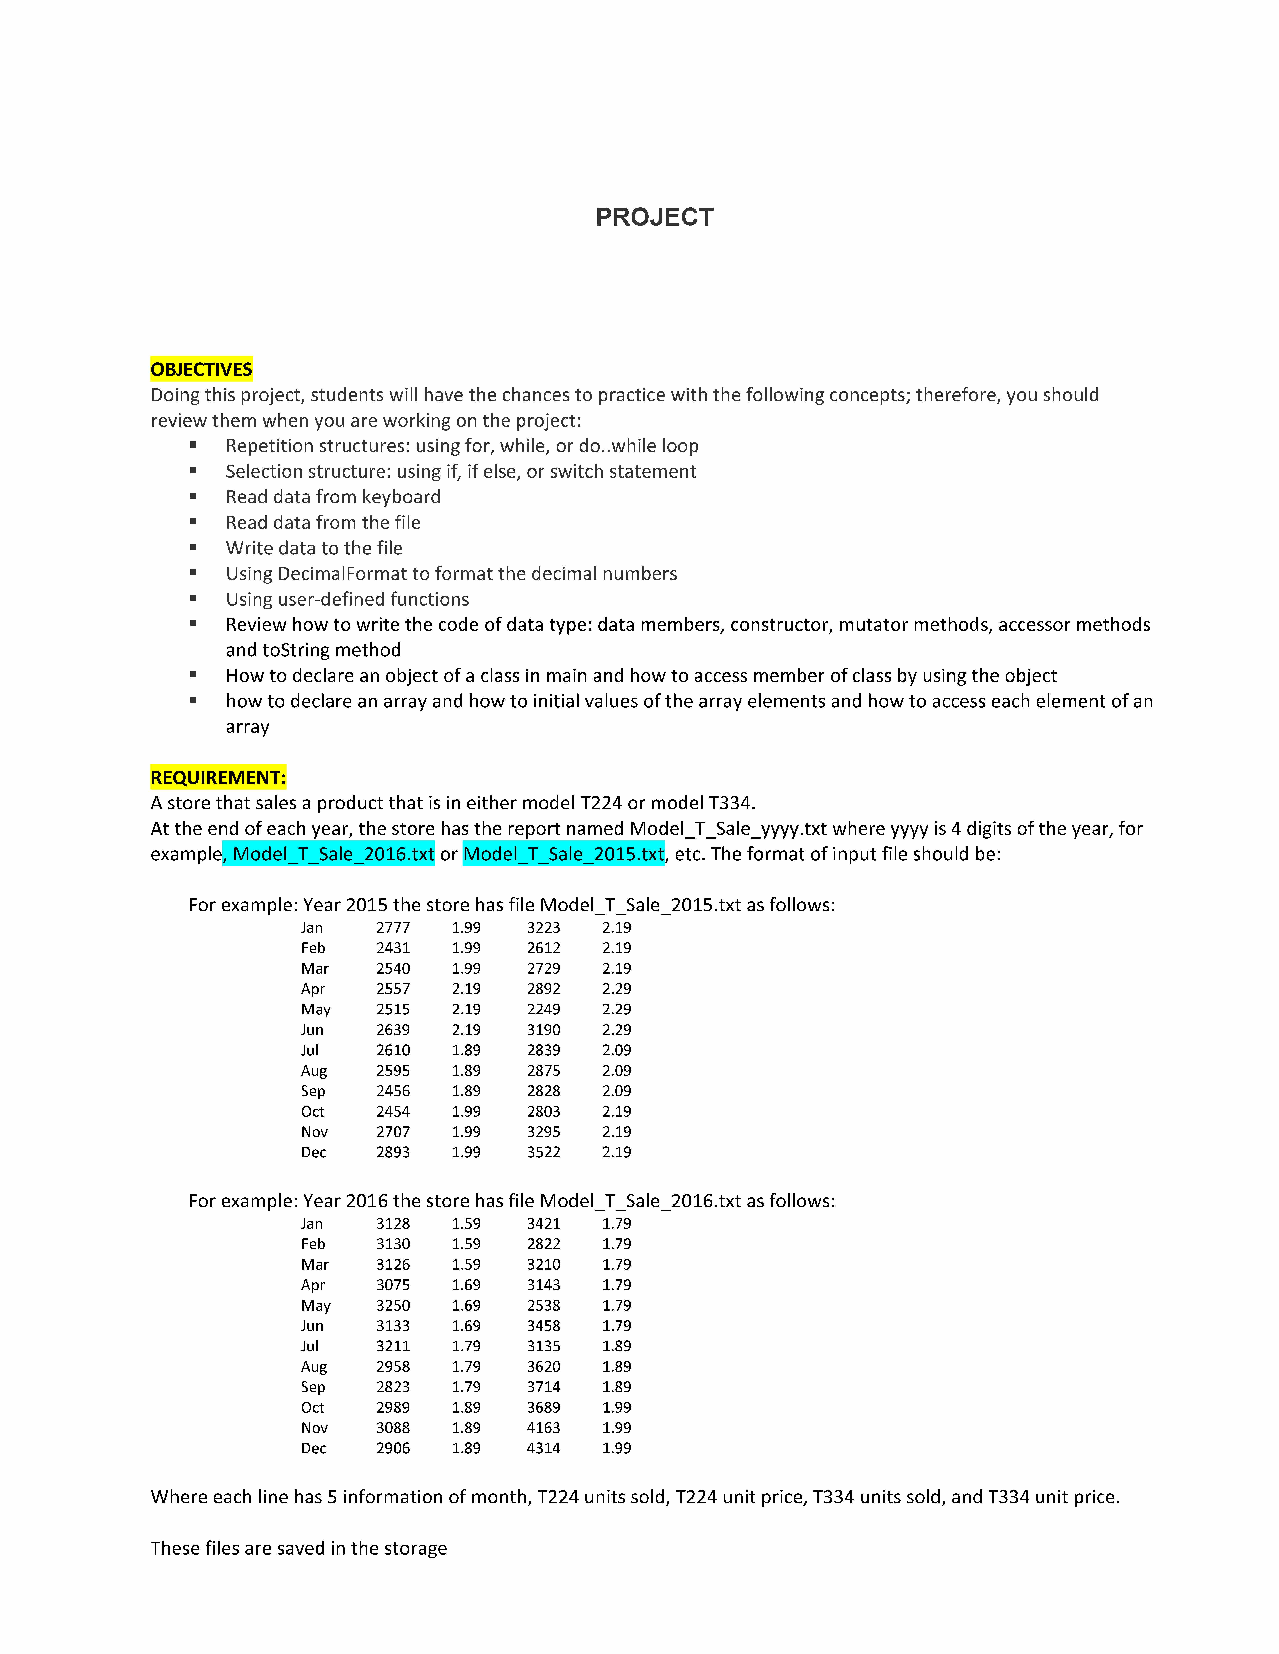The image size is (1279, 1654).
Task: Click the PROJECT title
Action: [x=654, y=217]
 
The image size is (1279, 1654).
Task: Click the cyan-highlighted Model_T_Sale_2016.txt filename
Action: [x=333, y=854]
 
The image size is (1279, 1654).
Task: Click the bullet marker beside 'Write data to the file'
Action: [x=193, y=548]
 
